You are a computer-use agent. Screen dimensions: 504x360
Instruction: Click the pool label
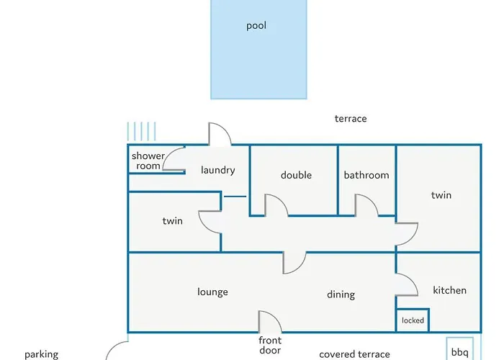click(x=256, y=26)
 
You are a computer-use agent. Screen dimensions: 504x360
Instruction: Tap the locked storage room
click(x=413, y=320)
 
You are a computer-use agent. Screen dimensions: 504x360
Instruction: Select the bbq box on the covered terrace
click(x=459, y=348)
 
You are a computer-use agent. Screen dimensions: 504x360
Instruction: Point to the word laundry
click(x=218, y=170)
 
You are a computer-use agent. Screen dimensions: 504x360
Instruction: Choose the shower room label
click(x=148, y=161)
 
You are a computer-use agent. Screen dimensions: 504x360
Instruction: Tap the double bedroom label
click(x=296, y=175)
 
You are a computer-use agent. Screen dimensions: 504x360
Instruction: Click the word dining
click(x=341, y=294)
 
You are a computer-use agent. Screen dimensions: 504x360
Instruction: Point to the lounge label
click(x=212, y=292)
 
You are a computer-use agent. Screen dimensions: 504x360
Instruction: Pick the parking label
click(x=42, y=354)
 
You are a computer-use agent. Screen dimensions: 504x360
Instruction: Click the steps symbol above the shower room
click(x=141, y=132)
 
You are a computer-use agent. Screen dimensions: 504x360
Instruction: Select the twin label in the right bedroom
click(x=441, y=195)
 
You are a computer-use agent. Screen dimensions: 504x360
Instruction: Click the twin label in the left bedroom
click(x=172, y=221)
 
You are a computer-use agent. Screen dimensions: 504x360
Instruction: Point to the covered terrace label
click(x=354, y=354)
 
